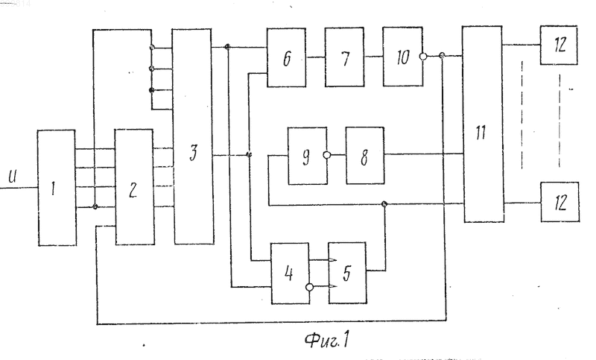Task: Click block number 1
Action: pyautogui.click(x=57, y=188)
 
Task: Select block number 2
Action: pyautogui.click(x=135, y=187)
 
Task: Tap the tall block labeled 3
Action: pyautogui.click(x=193, y=136)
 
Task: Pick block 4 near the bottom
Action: pyautogui.click(x=290, y=274)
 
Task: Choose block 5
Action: pyautogui.click(x=347, y=273)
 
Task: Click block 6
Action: pyautogui.click(x=286, y=57)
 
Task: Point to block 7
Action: pyautogui.click(x=344, y=57)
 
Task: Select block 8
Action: pyautogui.click(x=365, y=156)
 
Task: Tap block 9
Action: pyautogui.click(x=307, y=156)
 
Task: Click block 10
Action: pyautogui.click(x=402, y=57)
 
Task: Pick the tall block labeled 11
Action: pyautogui.click(x=483, y=124)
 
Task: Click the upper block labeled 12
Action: pyautogui.click(x=559, y=45)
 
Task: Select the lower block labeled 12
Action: pyautogui.click(x=560, y=202)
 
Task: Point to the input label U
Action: pyautogui.click(x=13, y=177)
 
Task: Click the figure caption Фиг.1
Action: pyautogui.click(x=327, y=339)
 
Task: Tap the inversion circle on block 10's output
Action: pyautogui.click(x=423, y=57)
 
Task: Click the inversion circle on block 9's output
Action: pyautogui.click(x=327, y=155)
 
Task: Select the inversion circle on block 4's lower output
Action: pyautogui.click(x=310, y=287)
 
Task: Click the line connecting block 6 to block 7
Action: pyautogui.click(x=315, y=57)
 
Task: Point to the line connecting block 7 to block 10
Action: pyautogui.click(x=374, y=57)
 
